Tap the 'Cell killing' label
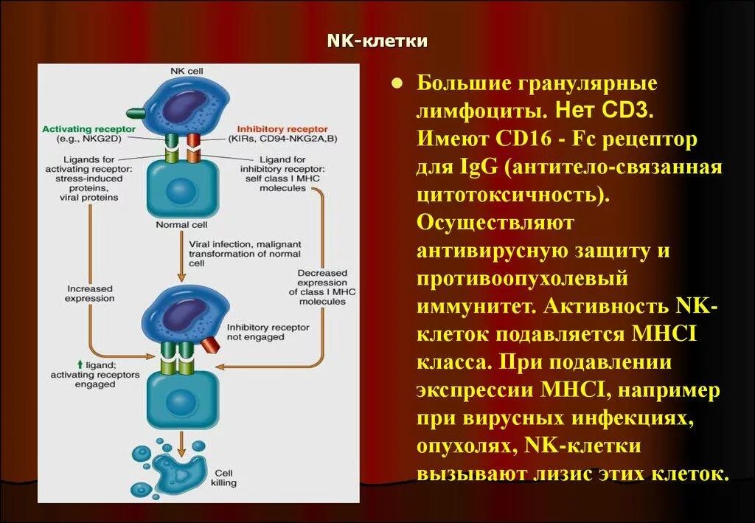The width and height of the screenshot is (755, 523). coord(224,478)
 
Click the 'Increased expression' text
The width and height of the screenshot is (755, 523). coord(90,294)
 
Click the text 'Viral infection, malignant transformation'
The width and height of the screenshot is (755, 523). coord(236,249)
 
